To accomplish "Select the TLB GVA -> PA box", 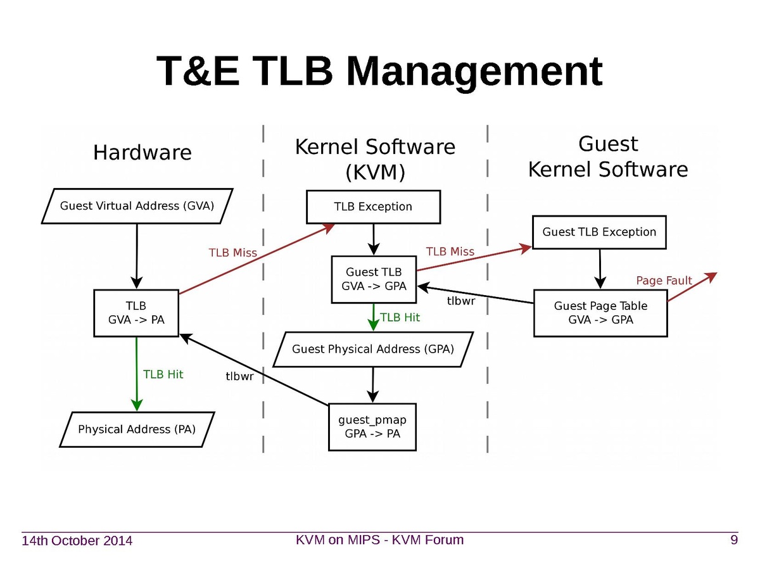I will point(136,312).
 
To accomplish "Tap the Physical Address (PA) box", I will point(137,429).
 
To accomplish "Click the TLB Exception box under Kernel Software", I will point(373,206).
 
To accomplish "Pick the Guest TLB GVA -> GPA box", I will point(374,279).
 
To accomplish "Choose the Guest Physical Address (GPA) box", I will point(373,349).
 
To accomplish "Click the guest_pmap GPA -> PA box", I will point(372,427).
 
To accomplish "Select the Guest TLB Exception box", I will point(599,232).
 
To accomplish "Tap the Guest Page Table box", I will point(600,313).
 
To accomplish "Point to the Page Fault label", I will point(664,281).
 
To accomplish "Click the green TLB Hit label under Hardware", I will point(163,374).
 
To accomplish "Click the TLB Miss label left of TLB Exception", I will point(233,253).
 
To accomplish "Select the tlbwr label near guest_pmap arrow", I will point(240,376).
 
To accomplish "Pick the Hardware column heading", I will point(142,153).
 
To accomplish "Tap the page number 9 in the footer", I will point(734,540).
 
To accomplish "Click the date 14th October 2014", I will point(77,541).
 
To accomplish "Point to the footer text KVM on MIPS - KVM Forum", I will point(380,540).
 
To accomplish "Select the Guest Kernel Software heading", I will point(608,157).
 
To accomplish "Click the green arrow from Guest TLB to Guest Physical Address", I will point(374,317).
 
